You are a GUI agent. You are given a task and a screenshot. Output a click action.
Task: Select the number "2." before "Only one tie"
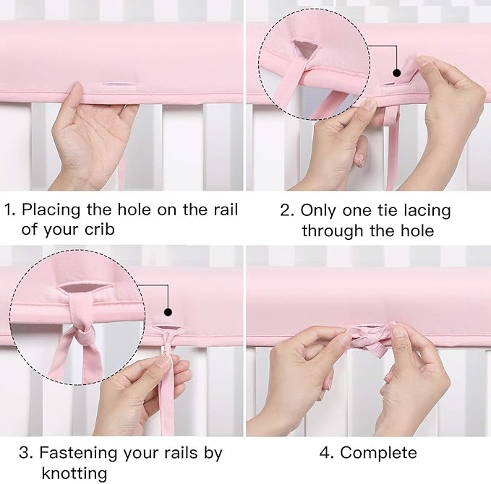pyautogui.click(x=287, y=210)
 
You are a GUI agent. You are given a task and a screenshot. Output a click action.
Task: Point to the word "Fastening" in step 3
pyautogui.click(x=75, y=453)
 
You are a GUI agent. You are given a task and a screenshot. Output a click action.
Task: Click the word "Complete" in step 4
pyautogui.click(x=378, y=453)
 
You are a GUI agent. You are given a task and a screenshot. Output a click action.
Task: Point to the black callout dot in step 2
pyautogui.click(x=397, y=73)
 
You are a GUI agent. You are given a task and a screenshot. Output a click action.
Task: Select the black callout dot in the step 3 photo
pyautogui.click(x=168, y=312)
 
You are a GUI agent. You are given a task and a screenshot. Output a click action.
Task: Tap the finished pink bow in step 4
pyautogui.click(x=370, y=338)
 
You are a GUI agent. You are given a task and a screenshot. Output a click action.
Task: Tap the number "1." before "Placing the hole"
pyautogui.click(x=10, y=210)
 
